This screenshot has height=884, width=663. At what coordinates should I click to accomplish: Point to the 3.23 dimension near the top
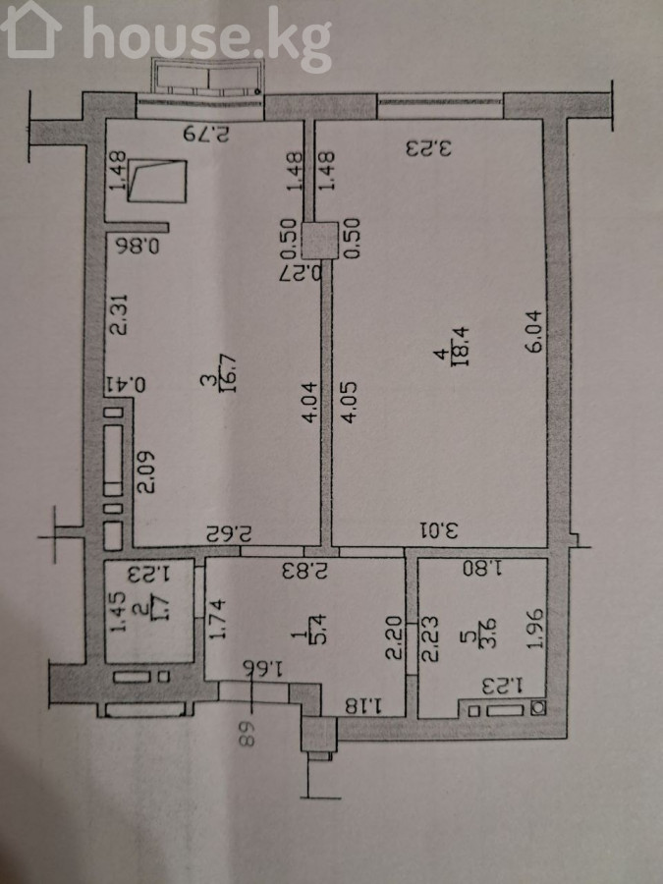pyautogui.click(x=430, y=148)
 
